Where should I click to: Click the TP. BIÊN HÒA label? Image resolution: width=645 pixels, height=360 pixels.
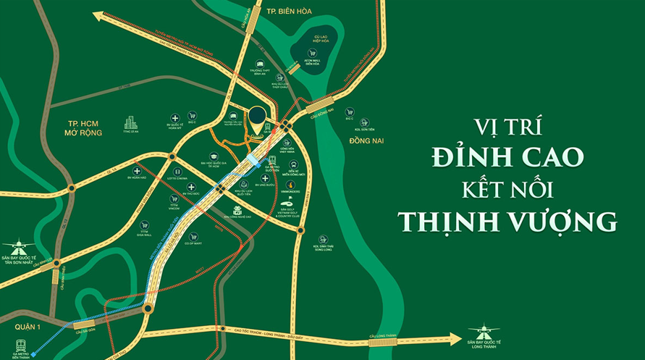(x=283, y=12)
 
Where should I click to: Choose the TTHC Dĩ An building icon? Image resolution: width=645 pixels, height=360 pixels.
(x=130, y=123)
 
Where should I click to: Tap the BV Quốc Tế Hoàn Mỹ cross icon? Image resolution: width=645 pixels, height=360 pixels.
(x=175, y=117)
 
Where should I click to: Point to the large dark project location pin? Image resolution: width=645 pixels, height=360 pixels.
(x=257, y=117)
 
